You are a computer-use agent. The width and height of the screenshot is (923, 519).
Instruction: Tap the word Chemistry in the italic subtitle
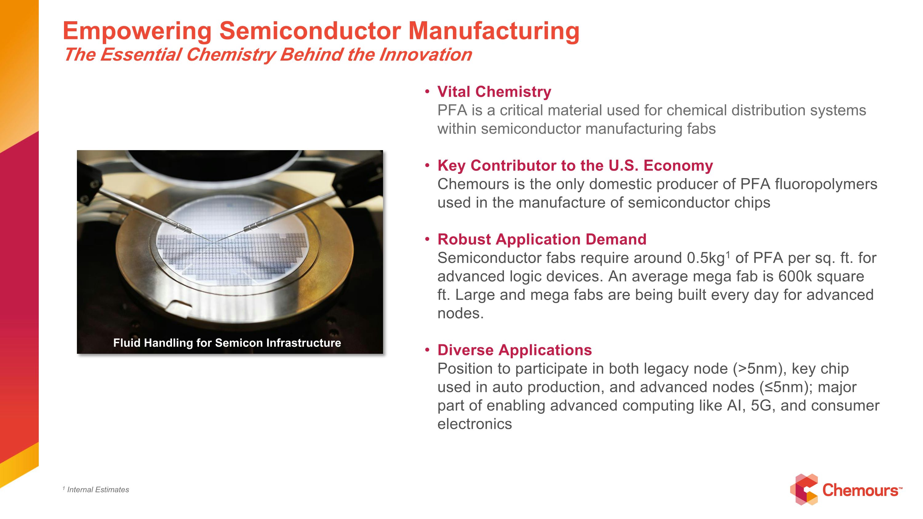click(231, 55)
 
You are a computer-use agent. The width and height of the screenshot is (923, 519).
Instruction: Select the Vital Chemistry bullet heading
click(494, 92)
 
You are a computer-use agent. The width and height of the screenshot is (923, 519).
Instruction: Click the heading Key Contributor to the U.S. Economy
click(575, 166)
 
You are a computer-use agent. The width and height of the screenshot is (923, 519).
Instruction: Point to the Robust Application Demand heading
click(541, 239)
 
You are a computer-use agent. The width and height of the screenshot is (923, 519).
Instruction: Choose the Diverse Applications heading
click(514, 350)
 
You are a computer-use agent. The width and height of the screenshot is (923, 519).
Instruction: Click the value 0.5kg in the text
click(705, 258)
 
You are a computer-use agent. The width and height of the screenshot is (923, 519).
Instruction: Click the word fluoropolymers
click(825, 184)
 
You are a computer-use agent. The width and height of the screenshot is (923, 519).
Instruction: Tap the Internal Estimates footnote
click(98, 490)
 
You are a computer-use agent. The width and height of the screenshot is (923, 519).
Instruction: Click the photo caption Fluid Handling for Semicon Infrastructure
click(227, 343)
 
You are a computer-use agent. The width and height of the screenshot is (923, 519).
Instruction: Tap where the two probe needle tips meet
click(216, 242)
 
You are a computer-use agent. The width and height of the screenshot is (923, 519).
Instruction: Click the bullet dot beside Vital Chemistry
click(427, 92)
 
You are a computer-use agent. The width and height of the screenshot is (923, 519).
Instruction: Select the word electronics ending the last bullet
click(474, 424)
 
